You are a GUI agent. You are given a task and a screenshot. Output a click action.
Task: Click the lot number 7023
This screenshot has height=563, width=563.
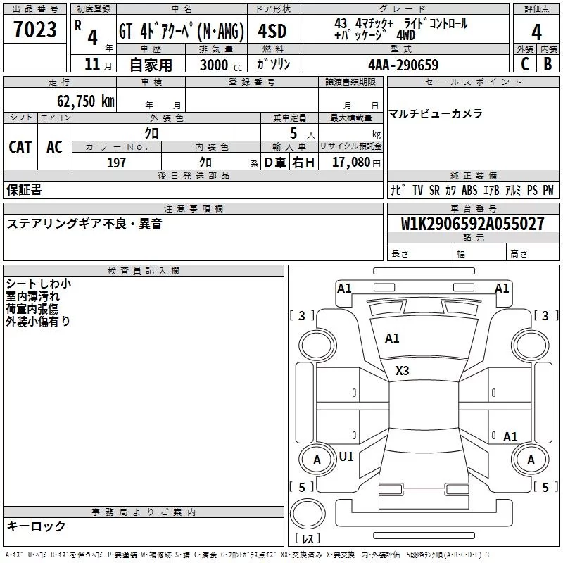pos(35,30)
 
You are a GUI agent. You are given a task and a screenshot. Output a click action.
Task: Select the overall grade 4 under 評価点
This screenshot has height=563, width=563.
pos(536,32)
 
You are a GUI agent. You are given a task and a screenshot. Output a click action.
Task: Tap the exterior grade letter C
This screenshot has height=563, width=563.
pos(524,63)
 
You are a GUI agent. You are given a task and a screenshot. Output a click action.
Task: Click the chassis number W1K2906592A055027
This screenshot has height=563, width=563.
pos(472,224)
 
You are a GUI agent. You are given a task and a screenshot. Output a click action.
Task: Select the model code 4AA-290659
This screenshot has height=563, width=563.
pos(403,65)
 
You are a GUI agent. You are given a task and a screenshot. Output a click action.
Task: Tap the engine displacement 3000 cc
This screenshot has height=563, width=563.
pos(220,65)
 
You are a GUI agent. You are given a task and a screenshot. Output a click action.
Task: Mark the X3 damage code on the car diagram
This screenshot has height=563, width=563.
pos(403,370)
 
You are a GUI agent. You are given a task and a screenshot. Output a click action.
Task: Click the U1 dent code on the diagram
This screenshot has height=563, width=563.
pos(346,457)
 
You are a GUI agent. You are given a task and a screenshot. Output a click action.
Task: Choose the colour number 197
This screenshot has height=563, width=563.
pos(116,163)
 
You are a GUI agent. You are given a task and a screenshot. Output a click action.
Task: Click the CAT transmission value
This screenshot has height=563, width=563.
pos(20,147)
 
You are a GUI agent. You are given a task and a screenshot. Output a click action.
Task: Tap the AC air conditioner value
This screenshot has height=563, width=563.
pos(54,147)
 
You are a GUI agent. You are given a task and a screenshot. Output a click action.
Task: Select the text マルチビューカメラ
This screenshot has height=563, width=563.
pos(436,113)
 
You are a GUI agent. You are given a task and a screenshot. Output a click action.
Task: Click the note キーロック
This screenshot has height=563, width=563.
pos(36,526)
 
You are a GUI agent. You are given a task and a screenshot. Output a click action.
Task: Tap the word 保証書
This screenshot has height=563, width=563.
pos(24,189)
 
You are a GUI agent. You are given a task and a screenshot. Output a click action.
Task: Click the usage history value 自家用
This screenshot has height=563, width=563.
pos(151,65)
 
